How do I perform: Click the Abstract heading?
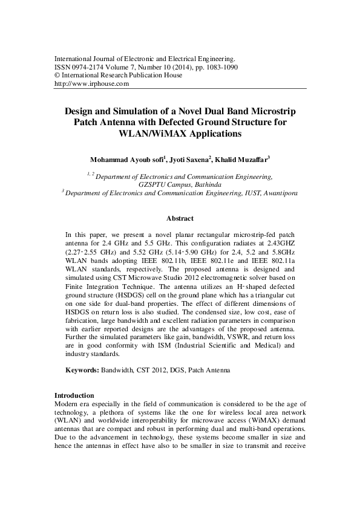click(x=180, y=218)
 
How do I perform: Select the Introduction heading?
click(x=74, y=395)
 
